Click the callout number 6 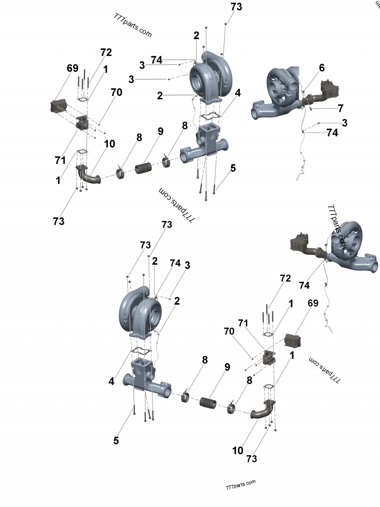pos(322,68)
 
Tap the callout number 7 pos(340,108)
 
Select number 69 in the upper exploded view pos(72,68)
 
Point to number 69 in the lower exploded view pos(313,303)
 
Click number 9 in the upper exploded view pos(161,131)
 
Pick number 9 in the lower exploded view pos(227,367)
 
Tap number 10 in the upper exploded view pos(109,143)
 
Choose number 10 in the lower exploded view pos(238,450)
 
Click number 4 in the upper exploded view pos(237,93)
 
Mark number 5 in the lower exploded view pos(116,440)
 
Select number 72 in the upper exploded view pos(105,52)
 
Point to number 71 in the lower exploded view pos(243,323)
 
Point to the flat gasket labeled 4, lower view pos(141,351)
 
